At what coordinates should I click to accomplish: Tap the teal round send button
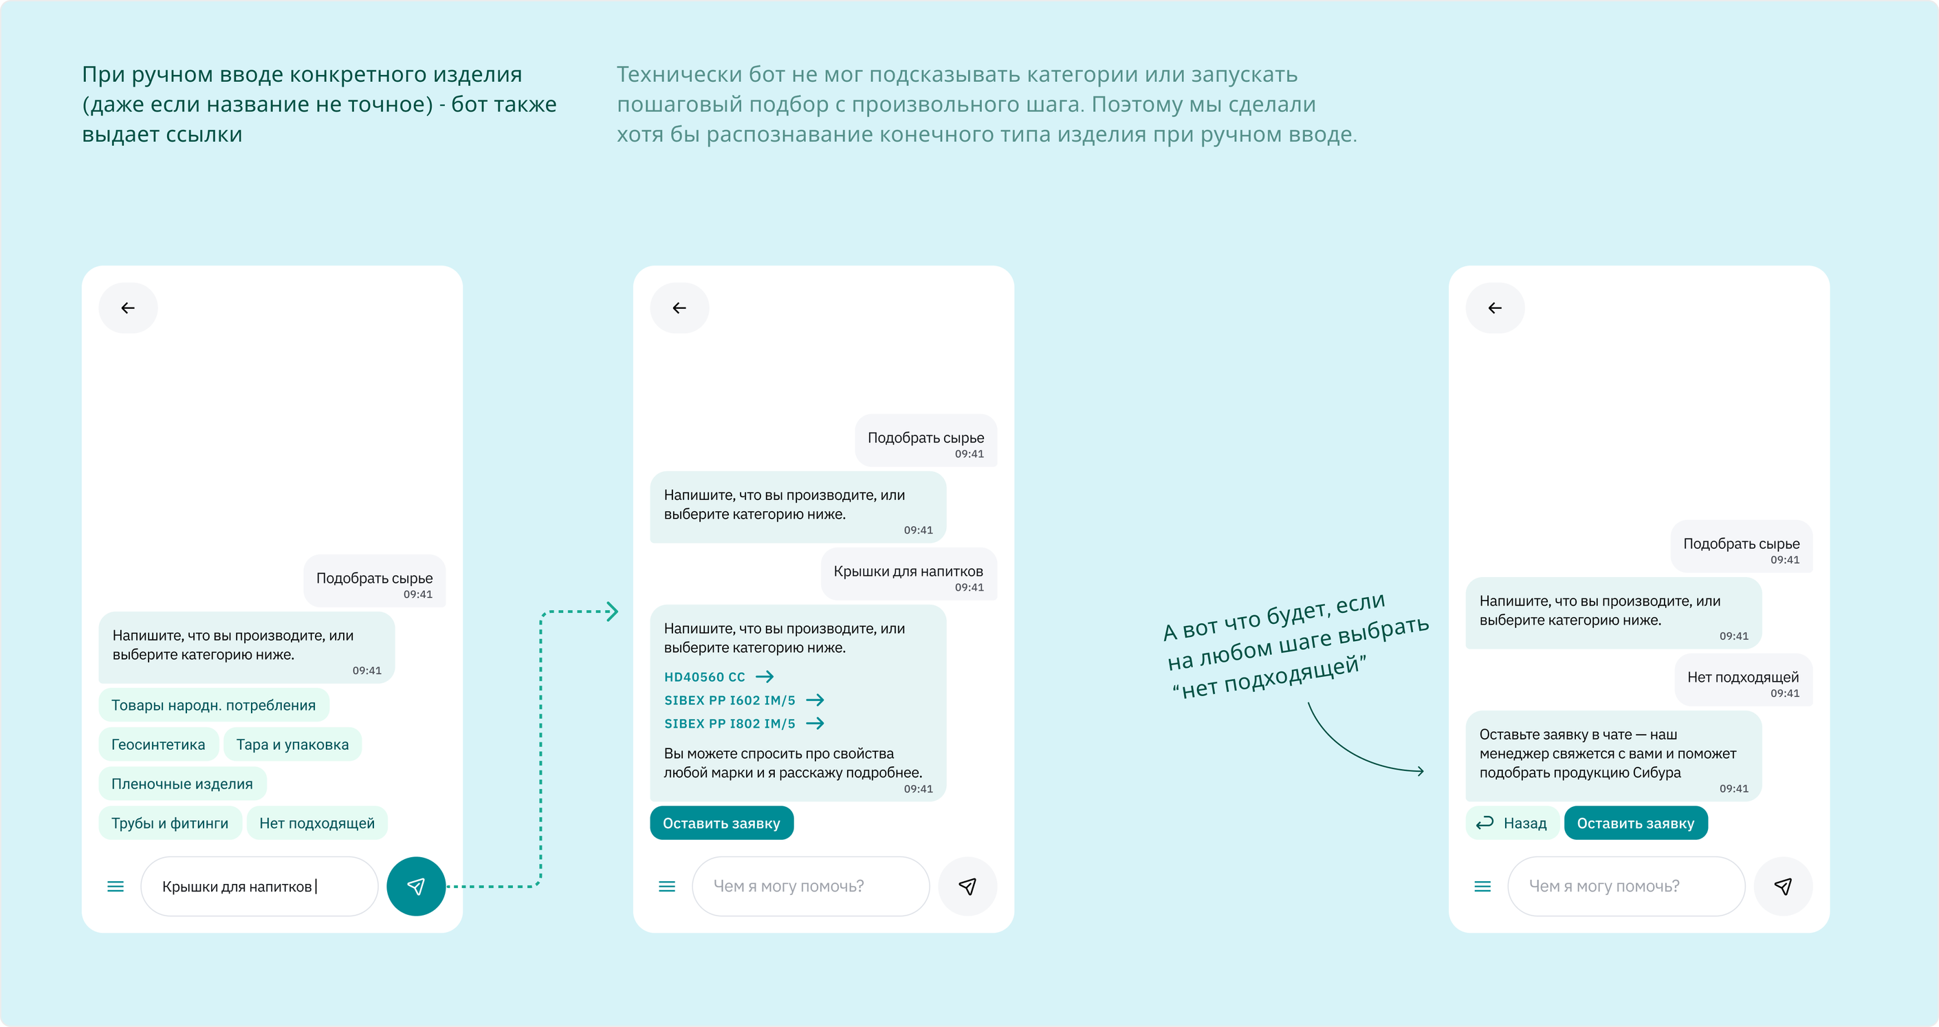(x=415, y=886)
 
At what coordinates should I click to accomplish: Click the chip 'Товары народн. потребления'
(x=214, y=705)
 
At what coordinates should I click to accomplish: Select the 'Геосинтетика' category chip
(x=158, y=744)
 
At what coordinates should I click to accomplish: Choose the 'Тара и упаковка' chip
(x=292, y=744)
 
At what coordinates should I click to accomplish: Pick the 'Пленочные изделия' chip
(x=182, y=783)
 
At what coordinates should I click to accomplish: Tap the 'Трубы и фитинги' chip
(x=170, y=823)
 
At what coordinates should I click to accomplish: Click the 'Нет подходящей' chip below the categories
(x=317, y=823)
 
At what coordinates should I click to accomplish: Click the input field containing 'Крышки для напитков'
(x=260, y=886)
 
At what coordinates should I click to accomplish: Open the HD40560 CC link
(x=719, y=677)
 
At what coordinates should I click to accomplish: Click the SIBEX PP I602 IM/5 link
(x=744, y=700)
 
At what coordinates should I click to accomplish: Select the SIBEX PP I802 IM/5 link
(x=744, y=724)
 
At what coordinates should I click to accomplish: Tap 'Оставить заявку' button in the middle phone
(x=721, y=823)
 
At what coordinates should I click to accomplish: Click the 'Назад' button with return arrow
(x=1511, y=823)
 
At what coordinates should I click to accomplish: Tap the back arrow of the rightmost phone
(x=1495, y=308)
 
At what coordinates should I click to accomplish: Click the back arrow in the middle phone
(x=679, y=308)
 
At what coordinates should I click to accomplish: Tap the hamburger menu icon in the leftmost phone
(x=115, y=886)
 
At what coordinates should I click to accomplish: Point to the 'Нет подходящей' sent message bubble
(x=1743, y=682)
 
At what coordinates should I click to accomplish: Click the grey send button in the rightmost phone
(x=1782, y=886)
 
